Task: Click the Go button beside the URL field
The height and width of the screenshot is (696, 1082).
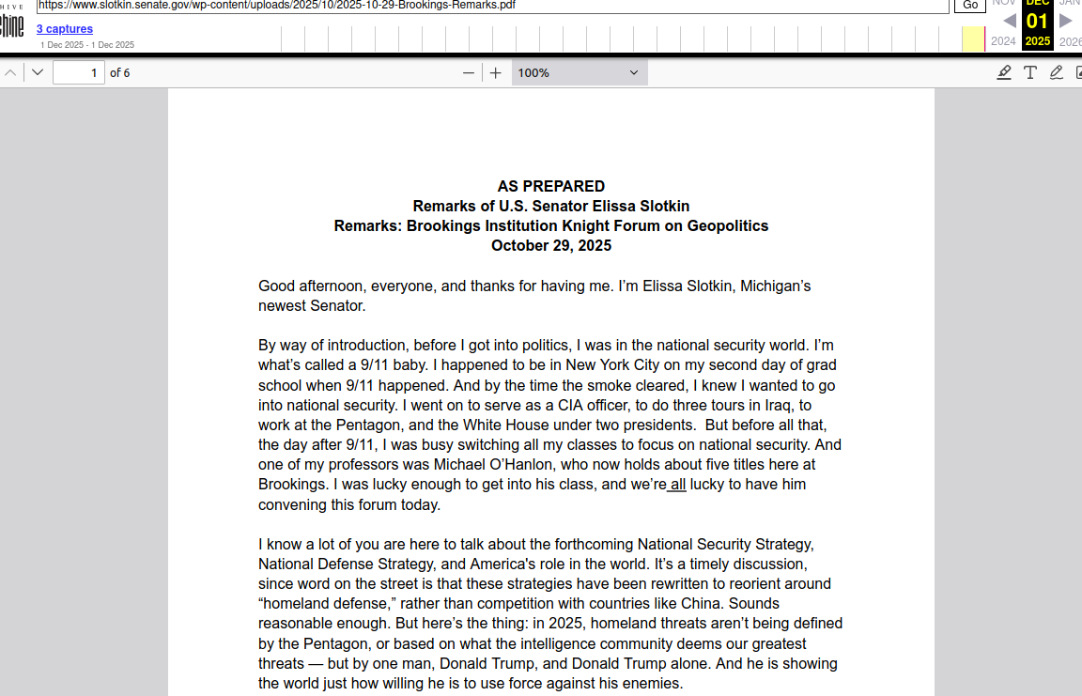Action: [970, 5]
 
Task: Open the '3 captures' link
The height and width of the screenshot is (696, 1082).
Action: [65, 29]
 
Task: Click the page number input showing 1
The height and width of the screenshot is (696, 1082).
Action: [78, 72]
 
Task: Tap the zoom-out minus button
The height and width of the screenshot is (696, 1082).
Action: [469, 72]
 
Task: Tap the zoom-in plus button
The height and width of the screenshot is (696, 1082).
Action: [496, 72]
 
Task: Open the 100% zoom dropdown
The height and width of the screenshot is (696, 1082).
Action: [579, 72]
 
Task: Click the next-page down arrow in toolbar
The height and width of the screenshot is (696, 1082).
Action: [38, 72]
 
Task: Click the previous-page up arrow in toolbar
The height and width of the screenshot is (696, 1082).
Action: [10, 72]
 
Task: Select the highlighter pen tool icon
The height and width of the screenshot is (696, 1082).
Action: [1004, 72]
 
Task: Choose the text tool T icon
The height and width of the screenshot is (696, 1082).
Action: [1030, 72]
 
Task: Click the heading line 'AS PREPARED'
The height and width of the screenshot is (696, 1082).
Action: [550, 186]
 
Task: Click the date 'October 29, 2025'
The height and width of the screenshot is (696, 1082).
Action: [550, 246]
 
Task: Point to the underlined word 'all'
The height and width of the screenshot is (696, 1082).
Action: [677, 485]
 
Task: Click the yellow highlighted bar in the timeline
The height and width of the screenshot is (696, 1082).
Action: [973, 39]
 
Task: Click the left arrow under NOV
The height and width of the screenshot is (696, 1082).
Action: [1010, 21]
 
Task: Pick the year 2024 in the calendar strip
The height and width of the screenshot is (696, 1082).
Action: [1003, 41]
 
